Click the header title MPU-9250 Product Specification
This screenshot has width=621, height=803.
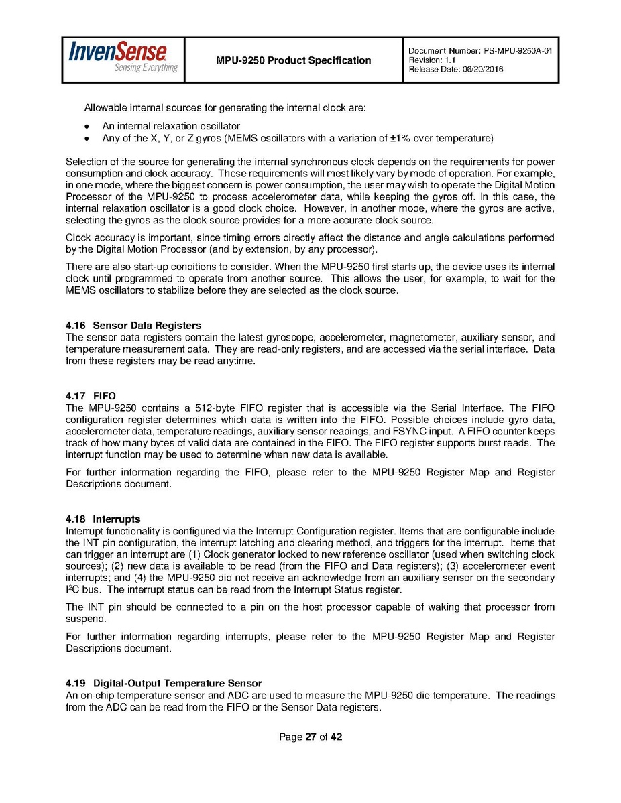click(293, 60)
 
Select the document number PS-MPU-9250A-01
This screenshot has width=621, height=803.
click(516, 51)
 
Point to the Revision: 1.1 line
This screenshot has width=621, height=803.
click(432, 60)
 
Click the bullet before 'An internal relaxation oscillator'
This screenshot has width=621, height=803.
click(88, 126)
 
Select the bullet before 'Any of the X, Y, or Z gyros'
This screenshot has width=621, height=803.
click(88, 139)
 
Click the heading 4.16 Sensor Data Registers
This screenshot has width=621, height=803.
click(133, 326)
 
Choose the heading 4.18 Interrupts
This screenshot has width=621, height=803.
click(103, 519)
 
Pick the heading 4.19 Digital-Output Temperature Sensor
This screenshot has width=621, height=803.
click(164, 684)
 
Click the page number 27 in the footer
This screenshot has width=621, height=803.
click(310, 737)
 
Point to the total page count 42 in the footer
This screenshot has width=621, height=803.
click(336, 737)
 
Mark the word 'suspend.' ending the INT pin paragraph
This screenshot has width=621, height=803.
click(84, 619)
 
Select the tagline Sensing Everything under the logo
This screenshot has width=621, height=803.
click(146, 68)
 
